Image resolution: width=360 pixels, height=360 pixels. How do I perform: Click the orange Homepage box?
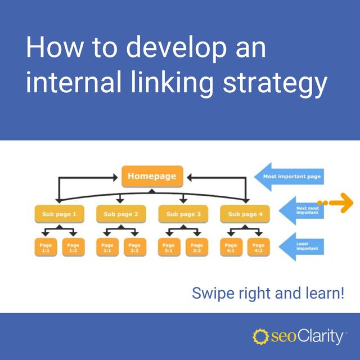pos(151,177)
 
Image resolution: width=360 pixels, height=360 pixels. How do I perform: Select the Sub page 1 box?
pos(59,214)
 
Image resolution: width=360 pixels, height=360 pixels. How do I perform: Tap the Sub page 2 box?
pos(121,214)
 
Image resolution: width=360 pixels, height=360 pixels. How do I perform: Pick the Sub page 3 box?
pos(183,214)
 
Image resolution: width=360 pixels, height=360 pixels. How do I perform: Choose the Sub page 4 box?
pos(245,214)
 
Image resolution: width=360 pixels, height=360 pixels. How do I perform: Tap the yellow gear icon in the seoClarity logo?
pos(260,337)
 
